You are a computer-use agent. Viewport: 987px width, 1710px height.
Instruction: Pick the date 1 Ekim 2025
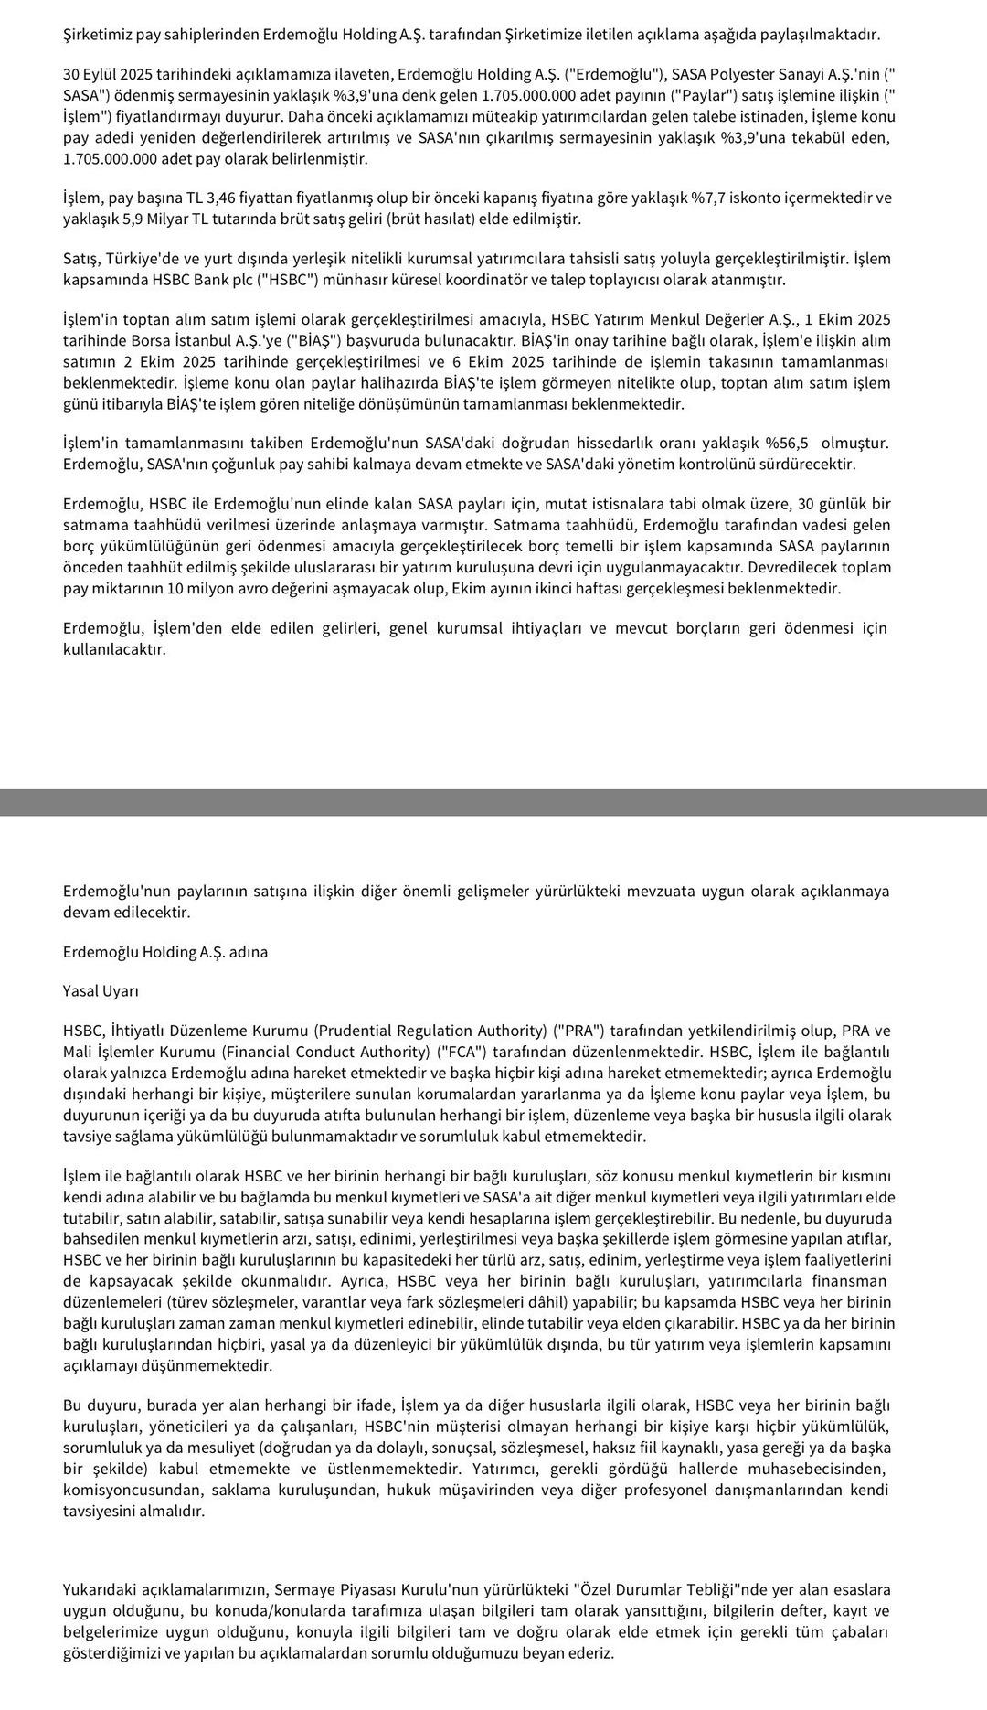(x=847, y=320)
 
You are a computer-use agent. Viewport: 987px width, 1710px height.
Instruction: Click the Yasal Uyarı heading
(x=101, y=991)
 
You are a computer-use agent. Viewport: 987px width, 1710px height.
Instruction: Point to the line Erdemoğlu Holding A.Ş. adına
(x=165, y=952)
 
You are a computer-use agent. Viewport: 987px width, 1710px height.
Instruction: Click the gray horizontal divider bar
(x=493, y=802)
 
